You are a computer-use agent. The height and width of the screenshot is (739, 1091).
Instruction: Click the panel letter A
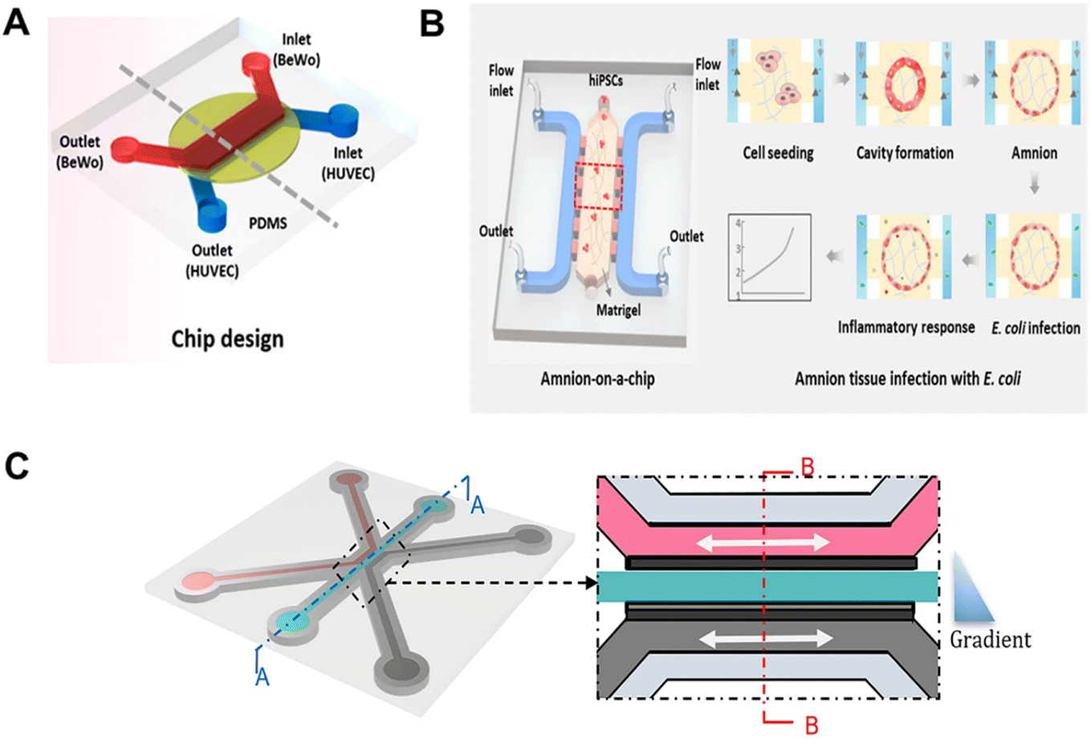(16, 23)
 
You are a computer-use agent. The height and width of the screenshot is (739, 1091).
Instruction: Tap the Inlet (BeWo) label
(296, 49)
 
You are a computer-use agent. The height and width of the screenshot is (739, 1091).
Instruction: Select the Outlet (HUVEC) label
(213, 261)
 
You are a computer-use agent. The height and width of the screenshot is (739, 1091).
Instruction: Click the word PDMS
(268, 223)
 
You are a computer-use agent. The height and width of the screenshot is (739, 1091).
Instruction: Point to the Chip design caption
(227, 339)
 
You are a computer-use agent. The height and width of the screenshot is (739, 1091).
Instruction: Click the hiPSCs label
(605, 80)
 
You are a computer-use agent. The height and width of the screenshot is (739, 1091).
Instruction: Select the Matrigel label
(619, 309)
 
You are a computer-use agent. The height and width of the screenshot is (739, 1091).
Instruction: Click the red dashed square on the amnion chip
(599, 186)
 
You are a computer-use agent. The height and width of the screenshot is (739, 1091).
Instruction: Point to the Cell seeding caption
(778, 153)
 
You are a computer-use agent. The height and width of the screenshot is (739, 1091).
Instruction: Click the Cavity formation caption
(905, 153)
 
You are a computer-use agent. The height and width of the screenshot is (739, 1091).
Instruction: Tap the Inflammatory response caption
(906, 327)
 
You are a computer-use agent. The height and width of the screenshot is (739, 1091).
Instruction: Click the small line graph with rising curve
(770, 257)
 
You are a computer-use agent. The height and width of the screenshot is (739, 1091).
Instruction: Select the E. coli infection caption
(1036, 328)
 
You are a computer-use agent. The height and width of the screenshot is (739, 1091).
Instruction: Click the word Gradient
(990, 639)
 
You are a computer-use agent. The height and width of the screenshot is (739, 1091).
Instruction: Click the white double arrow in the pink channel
(763, 542)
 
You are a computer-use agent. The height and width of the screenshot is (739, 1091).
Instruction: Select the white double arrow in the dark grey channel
(766, 639)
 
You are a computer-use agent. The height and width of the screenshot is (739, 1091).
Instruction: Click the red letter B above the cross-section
(807, 467)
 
